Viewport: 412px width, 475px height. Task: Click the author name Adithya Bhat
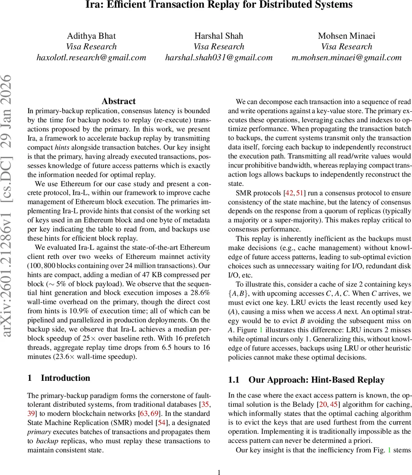pyautogui.click(x=91, y=36)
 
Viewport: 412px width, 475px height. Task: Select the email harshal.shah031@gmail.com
pyautogui.click(x=219, y=57)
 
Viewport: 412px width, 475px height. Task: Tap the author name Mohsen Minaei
pyautogui.click(x=346, y=36)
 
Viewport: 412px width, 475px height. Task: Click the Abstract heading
pyautogui.click(x=118, y=101)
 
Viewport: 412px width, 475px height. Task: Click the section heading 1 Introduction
pyautogui.click(x=59, y=378)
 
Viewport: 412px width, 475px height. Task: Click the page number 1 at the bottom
pyautogui.click(x=219, y=471)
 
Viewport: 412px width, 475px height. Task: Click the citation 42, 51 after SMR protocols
pyautogui.click(x=295, y=193)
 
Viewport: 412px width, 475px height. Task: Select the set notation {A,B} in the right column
pyautogui.click(x=238, y=294)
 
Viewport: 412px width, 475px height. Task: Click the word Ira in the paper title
pyautogui.click(x=94, y=5)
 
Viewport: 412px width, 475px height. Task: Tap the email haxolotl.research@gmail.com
pyautogui.click(x=91, y=57)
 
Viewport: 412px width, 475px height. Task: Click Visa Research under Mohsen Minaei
pyautogui.click(x=346, y=47)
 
